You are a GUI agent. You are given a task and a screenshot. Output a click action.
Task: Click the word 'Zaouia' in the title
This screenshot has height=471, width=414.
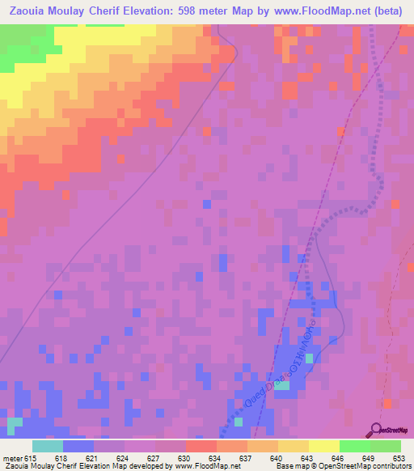point(27,12)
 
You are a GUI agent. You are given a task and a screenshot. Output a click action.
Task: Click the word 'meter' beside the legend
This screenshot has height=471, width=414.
point(11,457)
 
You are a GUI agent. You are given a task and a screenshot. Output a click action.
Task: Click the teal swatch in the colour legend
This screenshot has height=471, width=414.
point(48,446)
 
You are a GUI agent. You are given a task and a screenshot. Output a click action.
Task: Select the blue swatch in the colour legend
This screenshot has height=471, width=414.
point(78,446)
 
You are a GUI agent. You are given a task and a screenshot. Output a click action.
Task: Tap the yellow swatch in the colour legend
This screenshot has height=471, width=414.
point(324,446)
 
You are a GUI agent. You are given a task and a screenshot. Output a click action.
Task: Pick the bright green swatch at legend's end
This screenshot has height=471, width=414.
point(386,446)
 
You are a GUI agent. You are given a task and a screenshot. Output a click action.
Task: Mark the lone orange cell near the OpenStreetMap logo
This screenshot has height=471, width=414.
point(387,402)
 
